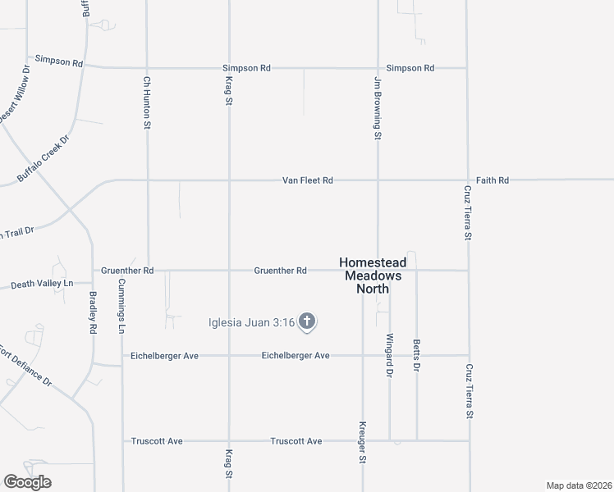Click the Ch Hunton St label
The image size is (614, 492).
pos(148,103)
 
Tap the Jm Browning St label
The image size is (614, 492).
pos(378,108)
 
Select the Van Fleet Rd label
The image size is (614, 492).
pos(308,180)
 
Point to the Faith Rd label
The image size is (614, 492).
pos(493,180)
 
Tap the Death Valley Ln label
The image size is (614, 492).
pos(42,284)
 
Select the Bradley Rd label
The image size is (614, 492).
pos(93,313)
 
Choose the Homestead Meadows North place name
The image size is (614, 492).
pos(371,276)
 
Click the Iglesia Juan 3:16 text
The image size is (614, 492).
pos(250,322)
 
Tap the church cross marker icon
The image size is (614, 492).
pos(307,321)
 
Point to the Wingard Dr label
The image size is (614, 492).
pos(390,355)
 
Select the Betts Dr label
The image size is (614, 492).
pos(417,357)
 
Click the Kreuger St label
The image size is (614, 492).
pos(362,443)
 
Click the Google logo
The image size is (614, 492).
pos(27,482)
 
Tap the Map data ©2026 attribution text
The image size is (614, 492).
pos(578,485)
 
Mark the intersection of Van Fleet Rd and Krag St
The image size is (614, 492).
pos(229,180)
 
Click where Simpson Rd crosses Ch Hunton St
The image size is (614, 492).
pos(148,68)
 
